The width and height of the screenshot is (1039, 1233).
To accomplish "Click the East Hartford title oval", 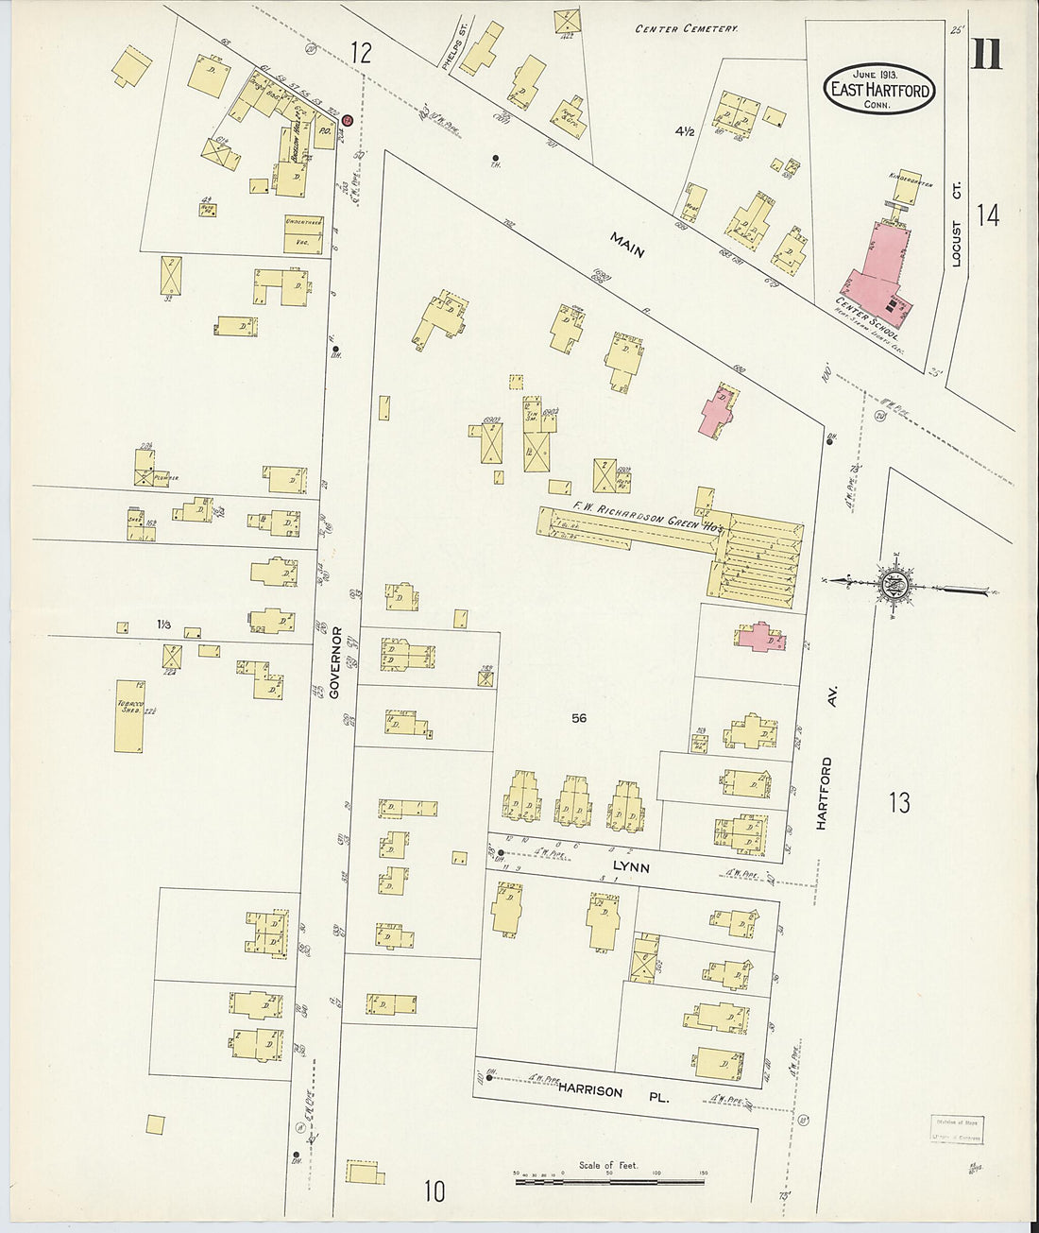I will point(879,89).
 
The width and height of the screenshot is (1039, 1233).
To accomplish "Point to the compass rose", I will point(892,586).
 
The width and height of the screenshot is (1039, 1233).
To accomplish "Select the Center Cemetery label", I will point(686,29).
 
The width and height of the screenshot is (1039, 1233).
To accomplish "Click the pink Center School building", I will point(878,274).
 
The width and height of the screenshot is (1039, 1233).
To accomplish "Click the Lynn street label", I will point(630,866).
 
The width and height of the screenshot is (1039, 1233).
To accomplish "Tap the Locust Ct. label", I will point(956,243).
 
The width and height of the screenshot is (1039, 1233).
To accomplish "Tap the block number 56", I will point(579,718).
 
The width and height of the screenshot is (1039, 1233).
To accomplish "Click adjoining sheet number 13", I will point(899,802).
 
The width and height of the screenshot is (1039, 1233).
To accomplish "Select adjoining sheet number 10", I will point(434,1191).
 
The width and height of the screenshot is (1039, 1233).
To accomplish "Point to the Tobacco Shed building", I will point(128,715).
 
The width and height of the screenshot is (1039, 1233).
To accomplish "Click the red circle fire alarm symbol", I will point(347,120).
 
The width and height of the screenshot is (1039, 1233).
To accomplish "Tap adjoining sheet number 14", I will point(988,215).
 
